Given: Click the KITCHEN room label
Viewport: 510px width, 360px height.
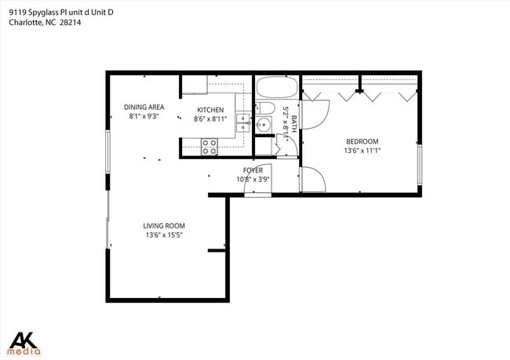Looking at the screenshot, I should [x=209, y=110].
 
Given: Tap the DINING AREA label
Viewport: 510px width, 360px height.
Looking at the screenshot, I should [x=144, y=107].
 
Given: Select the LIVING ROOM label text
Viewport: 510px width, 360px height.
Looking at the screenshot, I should [x=165, y=226].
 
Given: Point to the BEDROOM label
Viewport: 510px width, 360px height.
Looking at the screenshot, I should [x=362, y=142].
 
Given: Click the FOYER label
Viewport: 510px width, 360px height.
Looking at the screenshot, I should [x=253, y=170].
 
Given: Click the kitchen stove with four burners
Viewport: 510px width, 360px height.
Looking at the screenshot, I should [x=209, y=145].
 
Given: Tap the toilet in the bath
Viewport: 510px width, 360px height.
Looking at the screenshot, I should [x=266, y=109].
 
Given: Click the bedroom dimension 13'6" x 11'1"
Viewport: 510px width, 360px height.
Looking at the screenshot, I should [x=362, y=151].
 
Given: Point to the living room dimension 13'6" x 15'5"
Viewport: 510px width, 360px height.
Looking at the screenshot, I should [x=165, y=235].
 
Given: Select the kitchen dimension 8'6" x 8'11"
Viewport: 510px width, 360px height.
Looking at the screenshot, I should [x=209, y=119].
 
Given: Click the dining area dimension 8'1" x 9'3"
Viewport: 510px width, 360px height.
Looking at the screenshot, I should [x=144, y=116].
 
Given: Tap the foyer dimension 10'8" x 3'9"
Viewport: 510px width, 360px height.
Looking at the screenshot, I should [x=253, y=179].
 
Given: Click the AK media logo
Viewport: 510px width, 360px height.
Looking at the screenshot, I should [x=24, y=341].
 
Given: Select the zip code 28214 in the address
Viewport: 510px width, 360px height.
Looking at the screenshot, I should [x=70, y=23].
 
